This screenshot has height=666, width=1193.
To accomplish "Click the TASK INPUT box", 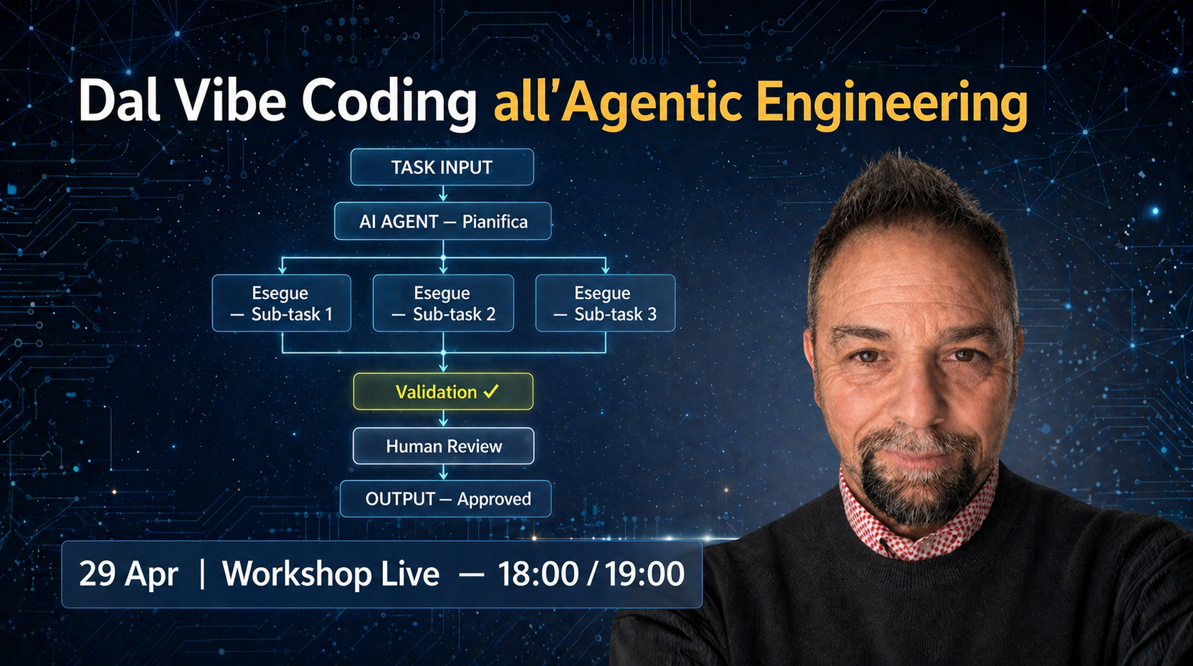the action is point(442,167).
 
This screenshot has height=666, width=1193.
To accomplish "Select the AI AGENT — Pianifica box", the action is point(443,221).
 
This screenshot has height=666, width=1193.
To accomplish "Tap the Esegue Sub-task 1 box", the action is point(281,304).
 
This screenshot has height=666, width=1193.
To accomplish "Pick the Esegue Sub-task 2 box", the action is point(443,304).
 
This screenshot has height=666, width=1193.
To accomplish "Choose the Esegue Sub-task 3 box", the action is point(605,304).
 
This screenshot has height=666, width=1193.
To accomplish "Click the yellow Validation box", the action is point(443,392).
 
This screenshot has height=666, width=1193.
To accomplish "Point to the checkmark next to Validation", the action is point(491,392).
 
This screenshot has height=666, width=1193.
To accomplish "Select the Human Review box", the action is point(443,446).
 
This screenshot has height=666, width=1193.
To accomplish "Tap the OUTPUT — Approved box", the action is point(446,499).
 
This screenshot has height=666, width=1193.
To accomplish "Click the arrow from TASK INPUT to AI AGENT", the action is point(443,194).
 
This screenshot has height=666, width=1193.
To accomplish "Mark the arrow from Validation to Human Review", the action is point(443,419).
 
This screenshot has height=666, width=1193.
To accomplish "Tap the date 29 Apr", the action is point(129,574).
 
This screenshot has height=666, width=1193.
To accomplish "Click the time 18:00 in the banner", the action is point(538,574).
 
